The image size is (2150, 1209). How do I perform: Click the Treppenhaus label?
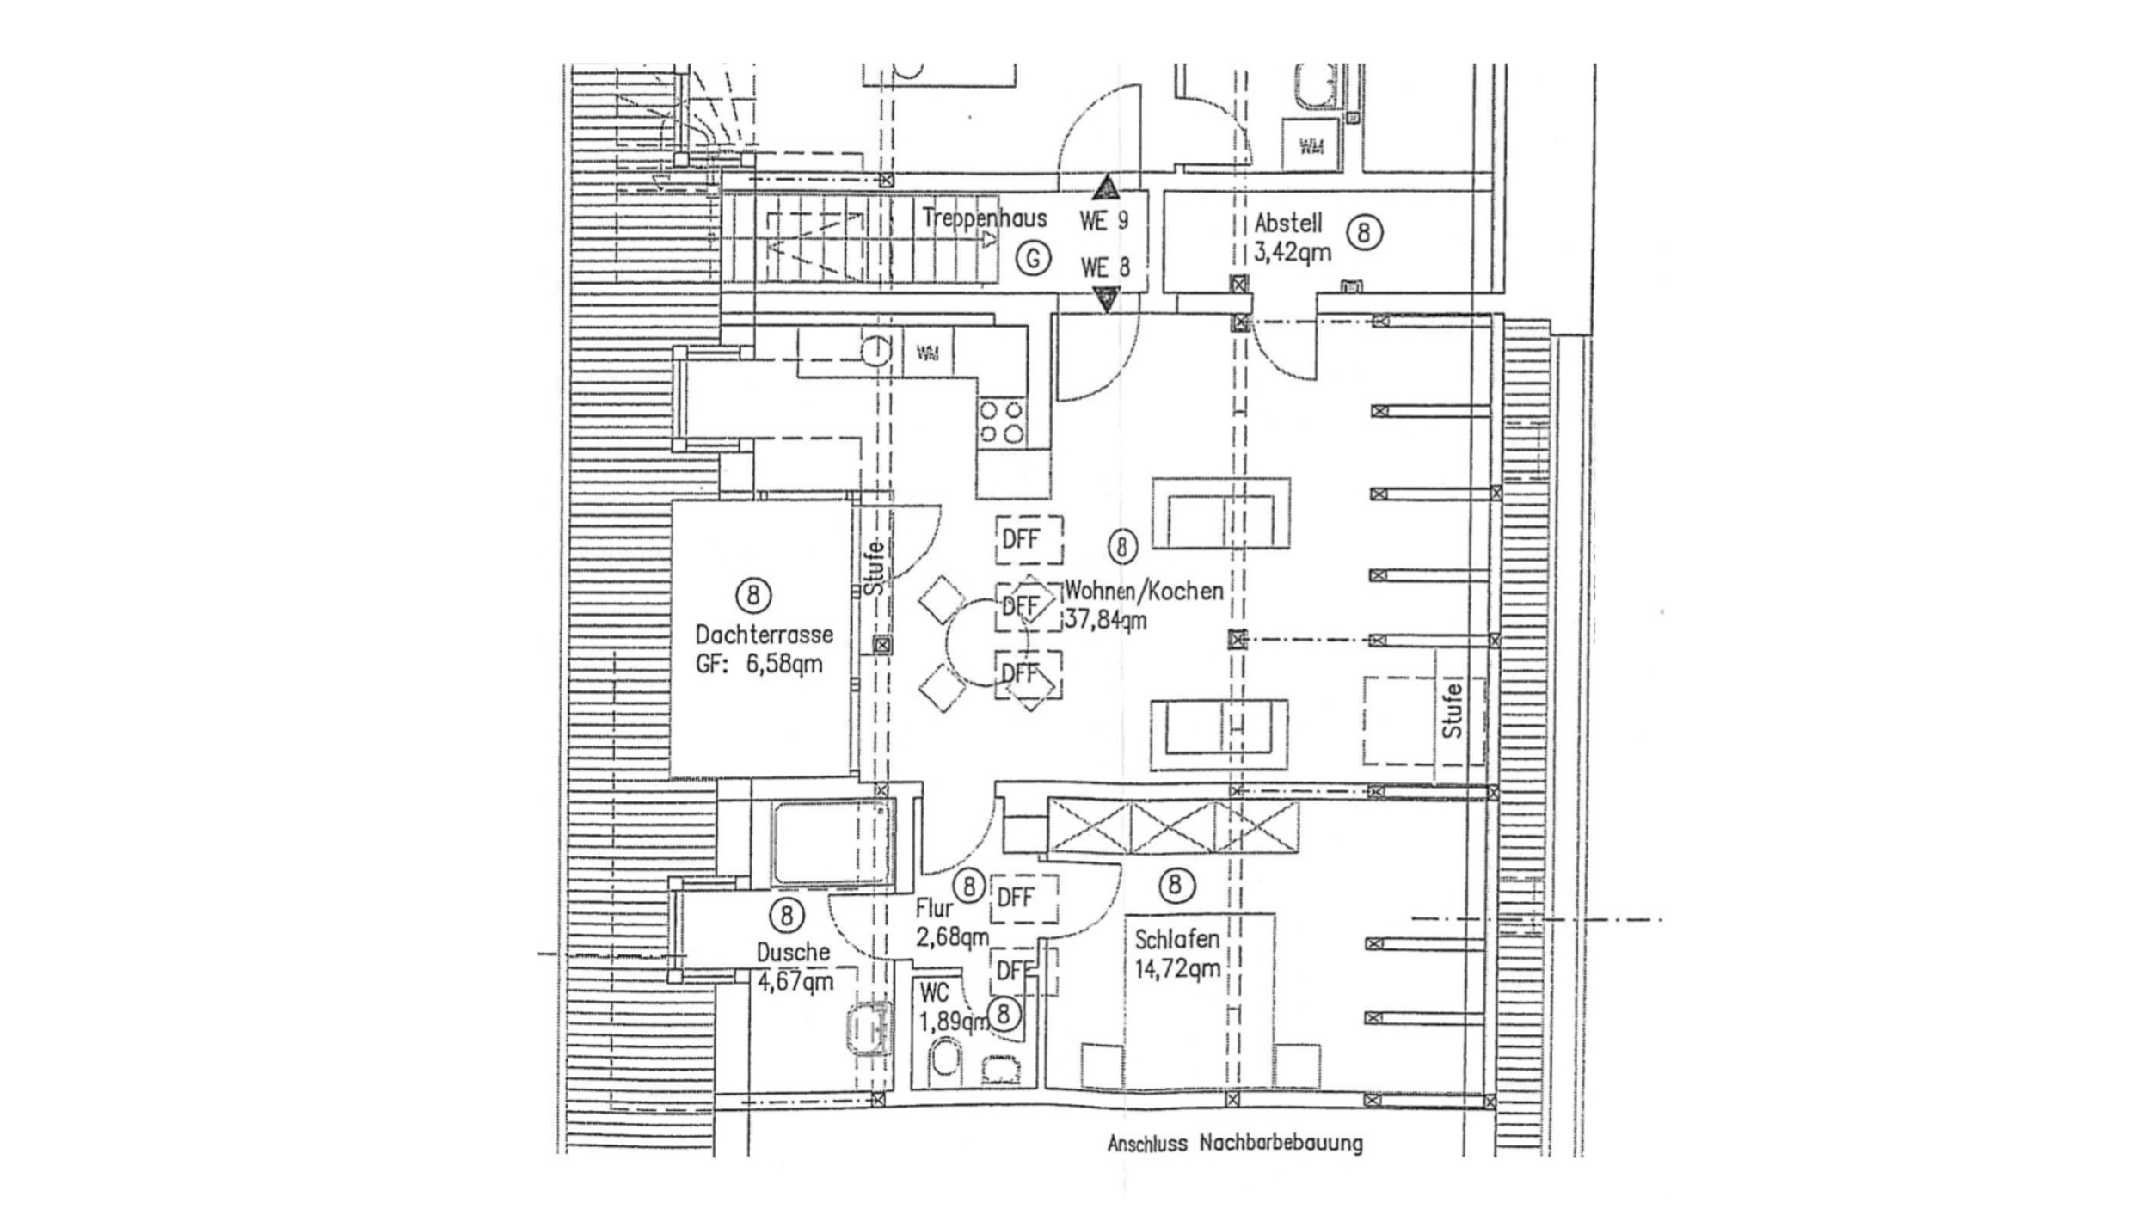[984, 218]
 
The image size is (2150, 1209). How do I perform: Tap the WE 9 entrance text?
[1104, 221]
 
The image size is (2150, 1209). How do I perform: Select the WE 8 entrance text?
[1105, 267]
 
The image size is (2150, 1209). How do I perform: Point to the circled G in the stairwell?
[1034, 257]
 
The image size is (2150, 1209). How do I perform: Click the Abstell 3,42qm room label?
[1292, 237]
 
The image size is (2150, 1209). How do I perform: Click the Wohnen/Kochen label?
[1144, 591]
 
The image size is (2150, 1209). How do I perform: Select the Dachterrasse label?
[764, 635]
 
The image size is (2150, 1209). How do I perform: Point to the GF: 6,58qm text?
[759, 664]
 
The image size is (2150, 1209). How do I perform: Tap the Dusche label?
[793, 952]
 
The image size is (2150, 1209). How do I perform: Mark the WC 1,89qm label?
[946, 1008]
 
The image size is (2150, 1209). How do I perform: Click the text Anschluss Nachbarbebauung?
[1235, 1144]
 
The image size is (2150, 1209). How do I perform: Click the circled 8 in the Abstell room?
[1364, 233]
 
